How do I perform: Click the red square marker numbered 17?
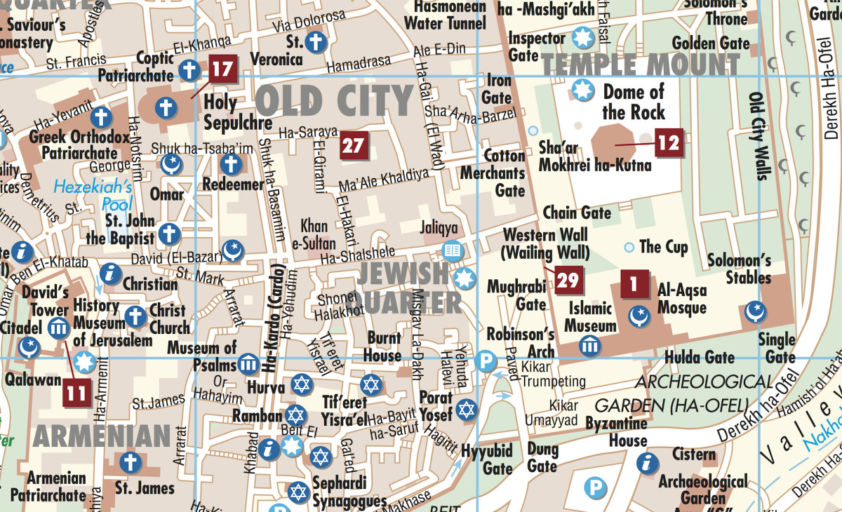(222, 70)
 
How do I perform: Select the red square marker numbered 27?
(354, 146)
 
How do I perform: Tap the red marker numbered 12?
(669, 142)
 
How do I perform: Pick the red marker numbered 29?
(568, 281)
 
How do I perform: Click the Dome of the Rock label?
(633, 102)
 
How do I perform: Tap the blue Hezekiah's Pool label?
(93, 196)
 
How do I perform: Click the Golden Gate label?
(710, 43)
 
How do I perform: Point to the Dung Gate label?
(542, 457)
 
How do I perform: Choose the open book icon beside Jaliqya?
(453, 250)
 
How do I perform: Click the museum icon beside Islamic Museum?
(589, 345)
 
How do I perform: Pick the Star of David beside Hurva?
(301, 384)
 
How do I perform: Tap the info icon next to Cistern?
(647, 463)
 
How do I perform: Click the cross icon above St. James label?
(129, 462)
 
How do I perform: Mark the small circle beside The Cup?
(629, 247)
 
